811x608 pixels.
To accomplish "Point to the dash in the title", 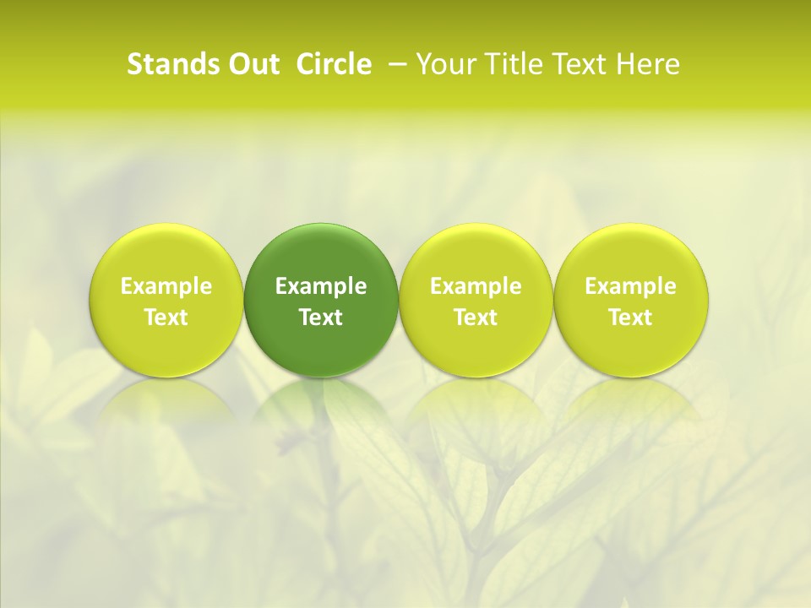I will pyautogui.click(x=400, y=65).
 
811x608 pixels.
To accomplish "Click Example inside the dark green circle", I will pyautogui.click(x=321, y=286).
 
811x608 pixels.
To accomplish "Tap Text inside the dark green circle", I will pyautogui.click(x=321, y=318).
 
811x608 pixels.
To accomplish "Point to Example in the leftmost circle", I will pyautogui.click(x=166, y=286).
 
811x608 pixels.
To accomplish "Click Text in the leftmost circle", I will pyautogui.click(x=166, y=318).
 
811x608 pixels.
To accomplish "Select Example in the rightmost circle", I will pyautogui.click(x=630, y=286).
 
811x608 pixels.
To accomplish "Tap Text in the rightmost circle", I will pyautogui.click(x=630, y=318).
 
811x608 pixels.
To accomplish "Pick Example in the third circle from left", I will pyautogui.click(x=476, y=286).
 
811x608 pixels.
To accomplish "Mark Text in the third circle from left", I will pyautogui.click(x=476, y=318).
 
